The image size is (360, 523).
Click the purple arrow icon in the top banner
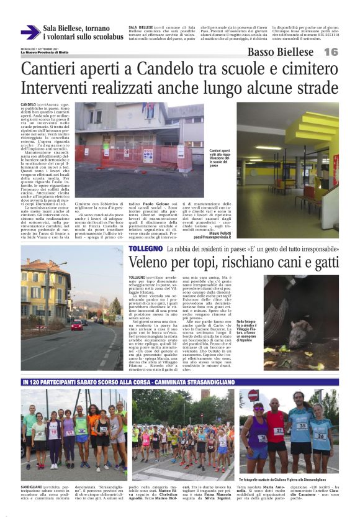pos(30,32)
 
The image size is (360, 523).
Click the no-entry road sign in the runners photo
pos(253,395)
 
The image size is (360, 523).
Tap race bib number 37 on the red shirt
pos(279,430)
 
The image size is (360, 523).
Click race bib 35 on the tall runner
pos(302,425)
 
